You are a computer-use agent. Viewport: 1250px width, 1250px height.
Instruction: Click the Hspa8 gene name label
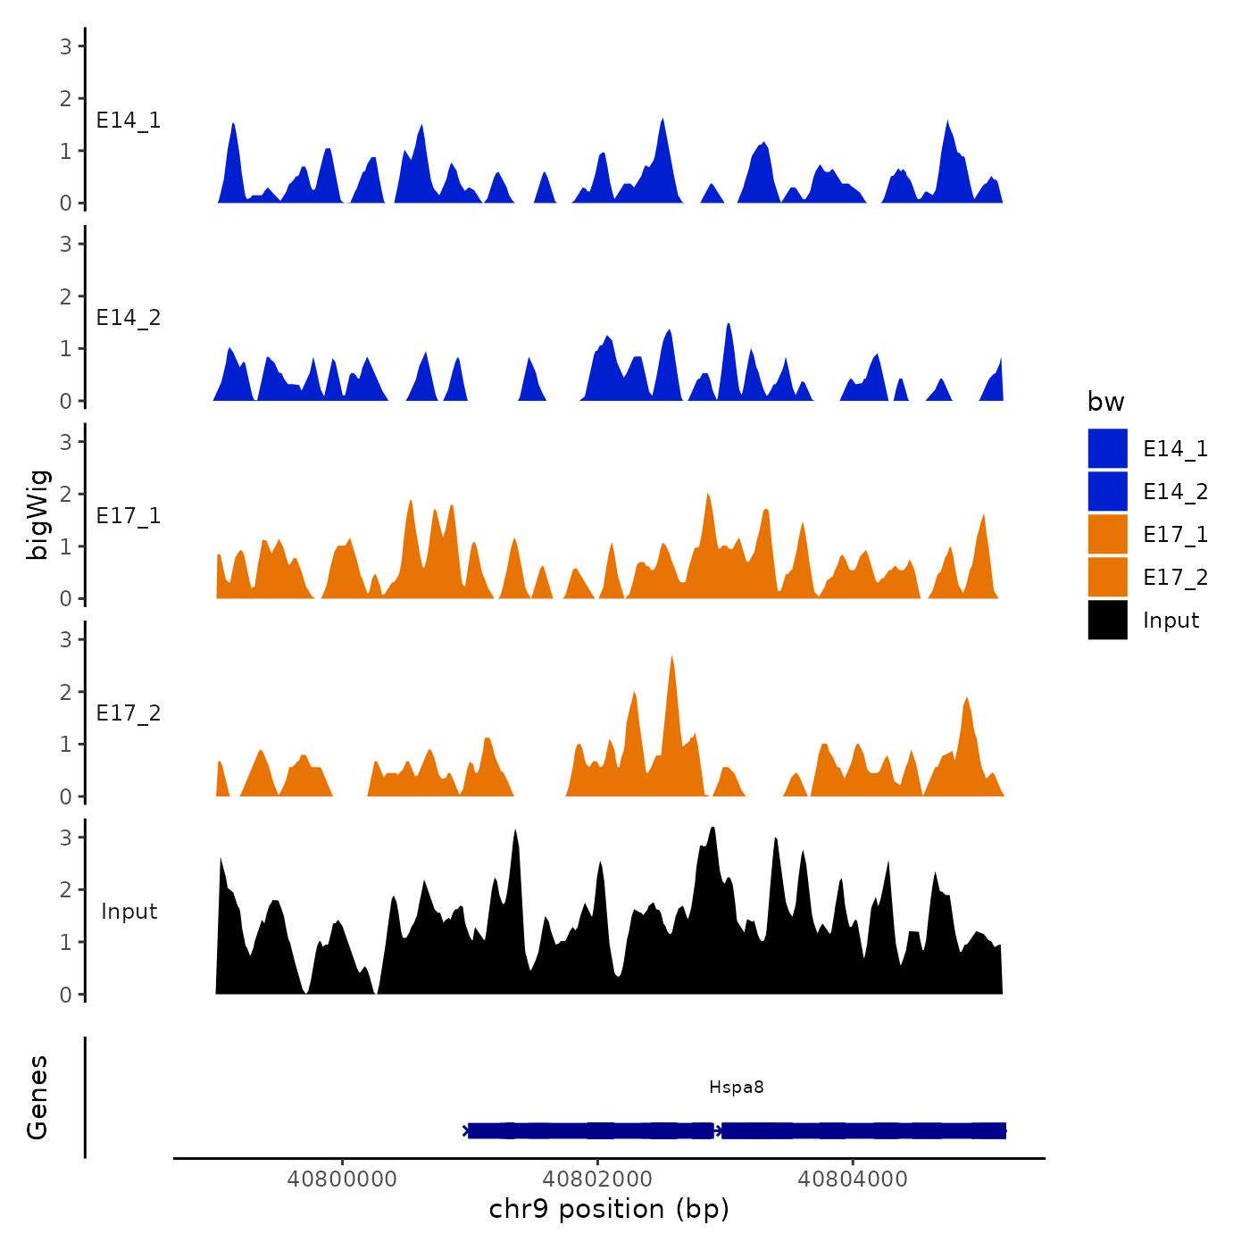click(736, 1087)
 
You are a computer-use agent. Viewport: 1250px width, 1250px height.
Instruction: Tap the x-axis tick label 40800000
click(342, 1179)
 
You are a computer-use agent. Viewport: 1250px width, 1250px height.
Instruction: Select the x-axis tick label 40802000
click(597, 1179)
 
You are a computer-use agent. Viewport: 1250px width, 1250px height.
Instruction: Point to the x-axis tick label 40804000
click(853, 1179)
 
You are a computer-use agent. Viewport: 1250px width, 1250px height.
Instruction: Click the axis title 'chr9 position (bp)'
click(609, 1209)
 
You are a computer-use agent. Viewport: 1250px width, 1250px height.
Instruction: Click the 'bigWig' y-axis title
click(38, 514)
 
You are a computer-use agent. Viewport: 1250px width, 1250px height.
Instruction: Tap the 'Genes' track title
click(37, 1097)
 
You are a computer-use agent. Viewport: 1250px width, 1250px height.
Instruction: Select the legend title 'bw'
click(1105, 402)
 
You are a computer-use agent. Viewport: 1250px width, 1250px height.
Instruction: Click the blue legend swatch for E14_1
click(1107, 448)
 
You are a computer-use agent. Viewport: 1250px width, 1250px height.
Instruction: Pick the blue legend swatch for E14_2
click(1107, 491)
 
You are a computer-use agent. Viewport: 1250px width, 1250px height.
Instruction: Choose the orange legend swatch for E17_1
click(1107, 534)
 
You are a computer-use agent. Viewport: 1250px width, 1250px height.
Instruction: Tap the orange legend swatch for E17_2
click(1107, 577)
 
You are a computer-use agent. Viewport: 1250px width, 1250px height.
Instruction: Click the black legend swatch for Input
click(1107, 620)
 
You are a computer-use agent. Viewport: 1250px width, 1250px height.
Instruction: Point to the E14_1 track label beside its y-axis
click(129, 121)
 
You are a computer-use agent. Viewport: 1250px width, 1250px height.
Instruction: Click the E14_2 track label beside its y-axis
click(129, 318)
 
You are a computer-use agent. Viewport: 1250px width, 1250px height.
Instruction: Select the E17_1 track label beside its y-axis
click(129, 516)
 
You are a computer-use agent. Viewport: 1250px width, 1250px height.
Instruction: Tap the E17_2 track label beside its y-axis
click(129, 713)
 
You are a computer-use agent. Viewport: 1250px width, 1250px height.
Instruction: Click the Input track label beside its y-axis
click(129, 912)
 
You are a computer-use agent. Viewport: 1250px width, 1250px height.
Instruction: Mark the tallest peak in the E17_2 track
click(671, 659)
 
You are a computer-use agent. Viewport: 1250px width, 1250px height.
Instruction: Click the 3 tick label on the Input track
click(66, 837)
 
